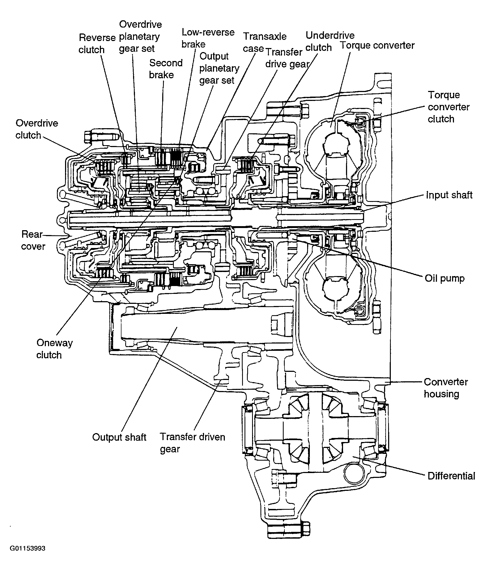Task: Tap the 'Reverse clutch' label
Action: [x=97, y=44]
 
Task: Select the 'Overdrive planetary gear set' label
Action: [x=140, y=36]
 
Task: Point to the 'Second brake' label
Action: [x=165, y=69]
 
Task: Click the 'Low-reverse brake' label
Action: [x=208, y=38]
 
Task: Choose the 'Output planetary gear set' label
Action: [x=219, y=68]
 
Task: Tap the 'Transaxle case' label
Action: [x=264, y=42]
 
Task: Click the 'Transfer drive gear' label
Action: [x=287, y=58]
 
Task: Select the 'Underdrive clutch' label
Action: [x=330, y=42]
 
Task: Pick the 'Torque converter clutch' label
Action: [x=449, y=107]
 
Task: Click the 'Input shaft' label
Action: [x=449, y=195]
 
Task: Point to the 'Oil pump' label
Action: [x=445, y=278]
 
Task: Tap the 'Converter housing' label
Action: [x=446, y=388]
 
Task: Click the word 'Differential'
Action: [x=451, y=475]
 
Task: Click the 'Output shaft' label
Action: [x=119, y=437]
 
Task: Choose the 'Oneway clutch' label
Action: [x=55, y=349]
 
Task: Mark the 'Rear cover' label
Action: [x=33, y=240]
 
